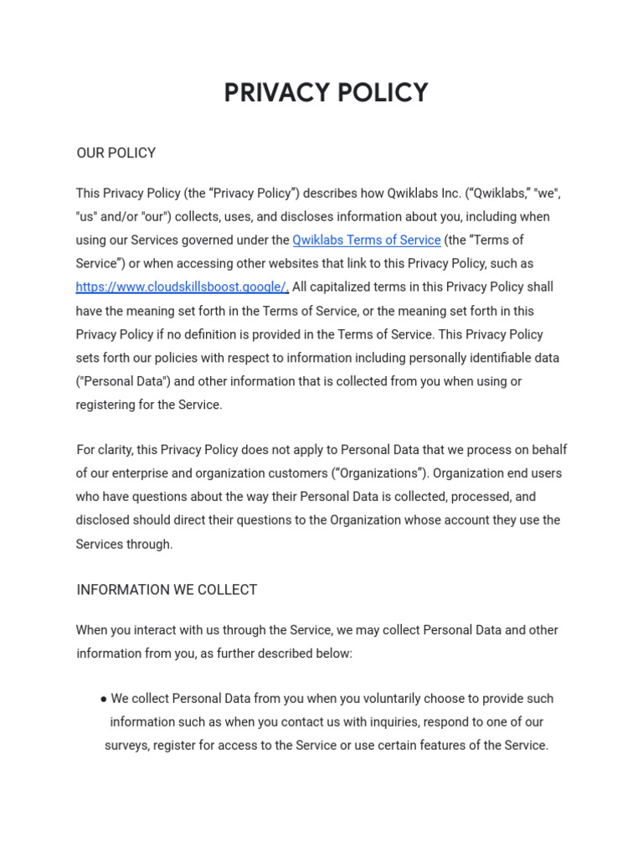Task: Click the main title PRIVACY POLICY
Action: pos(326,93)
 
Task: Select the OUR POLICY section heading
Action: pos(116,152)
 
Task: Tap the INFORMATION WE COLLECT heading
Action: pos(167,590)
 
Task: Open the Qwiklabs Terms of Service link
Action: pos(366,240)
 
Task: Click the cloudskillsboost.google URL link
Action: pos(182,287)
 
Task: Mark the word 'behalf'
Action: pos(548,450)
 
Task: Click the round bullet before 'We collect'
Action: pos(103,699)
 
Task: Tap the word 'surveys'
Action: pos(126,746)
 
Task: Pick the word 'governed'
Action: pos(220,240)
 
